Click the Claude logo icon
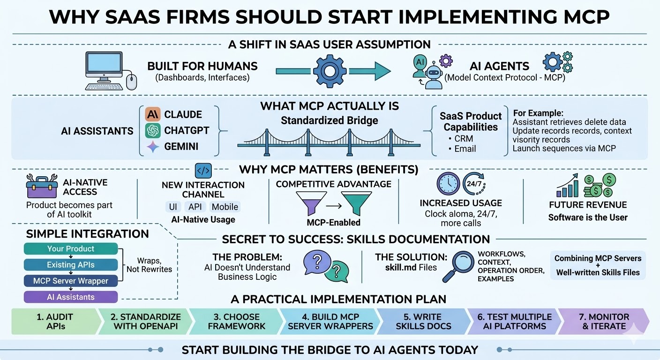153,114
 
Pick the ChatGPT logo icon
153,130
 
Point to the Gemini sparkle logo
153,147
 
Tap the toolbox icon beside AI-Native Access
42,187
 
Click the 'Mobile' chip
225,207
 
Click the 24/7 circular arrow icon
476,184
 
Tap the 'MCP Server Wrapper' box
71,281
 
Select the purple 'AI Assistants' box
71,297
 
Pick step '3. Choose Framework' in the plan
237,322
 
